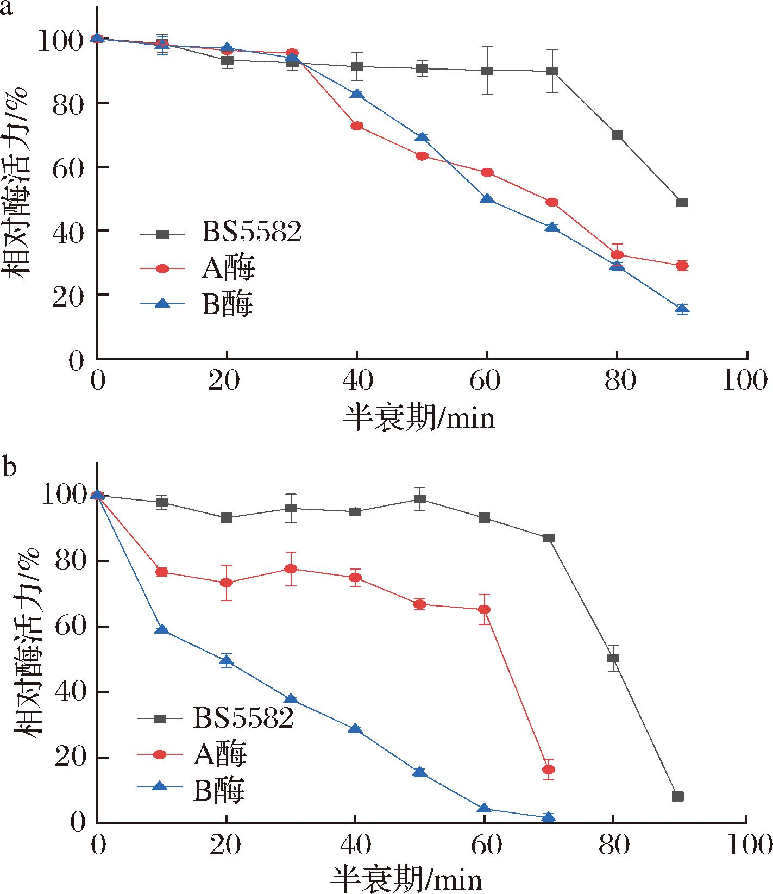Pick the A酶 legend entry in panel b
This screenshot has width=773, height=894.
point(219,754)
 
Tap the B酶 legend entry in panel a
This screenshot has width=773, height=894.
point(227,305)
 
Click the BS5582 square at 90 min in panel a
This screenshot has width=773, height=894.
point(682,203)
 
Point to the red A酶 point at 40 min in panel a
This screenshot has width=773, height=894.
point(357,126)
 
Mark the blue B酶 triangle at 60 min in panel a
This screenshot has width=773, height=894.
point(487,199)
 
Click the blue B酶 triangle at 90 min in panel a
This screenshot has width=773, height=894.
point(682,309)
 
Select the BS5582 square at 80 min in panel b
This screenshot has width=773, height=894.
point(613,658)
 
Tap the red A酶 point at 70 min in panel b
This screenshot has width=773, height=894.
point(549,770)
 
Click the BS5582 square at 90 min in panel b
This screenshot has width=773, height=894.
point(677,797)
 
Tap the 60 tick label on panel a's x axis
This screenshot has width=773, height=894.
point(485,380)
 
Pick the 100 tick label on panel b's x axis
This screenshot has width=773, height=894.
point(745,846)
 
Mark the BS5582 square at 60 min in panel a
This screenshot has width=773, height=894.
point(487,71)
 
